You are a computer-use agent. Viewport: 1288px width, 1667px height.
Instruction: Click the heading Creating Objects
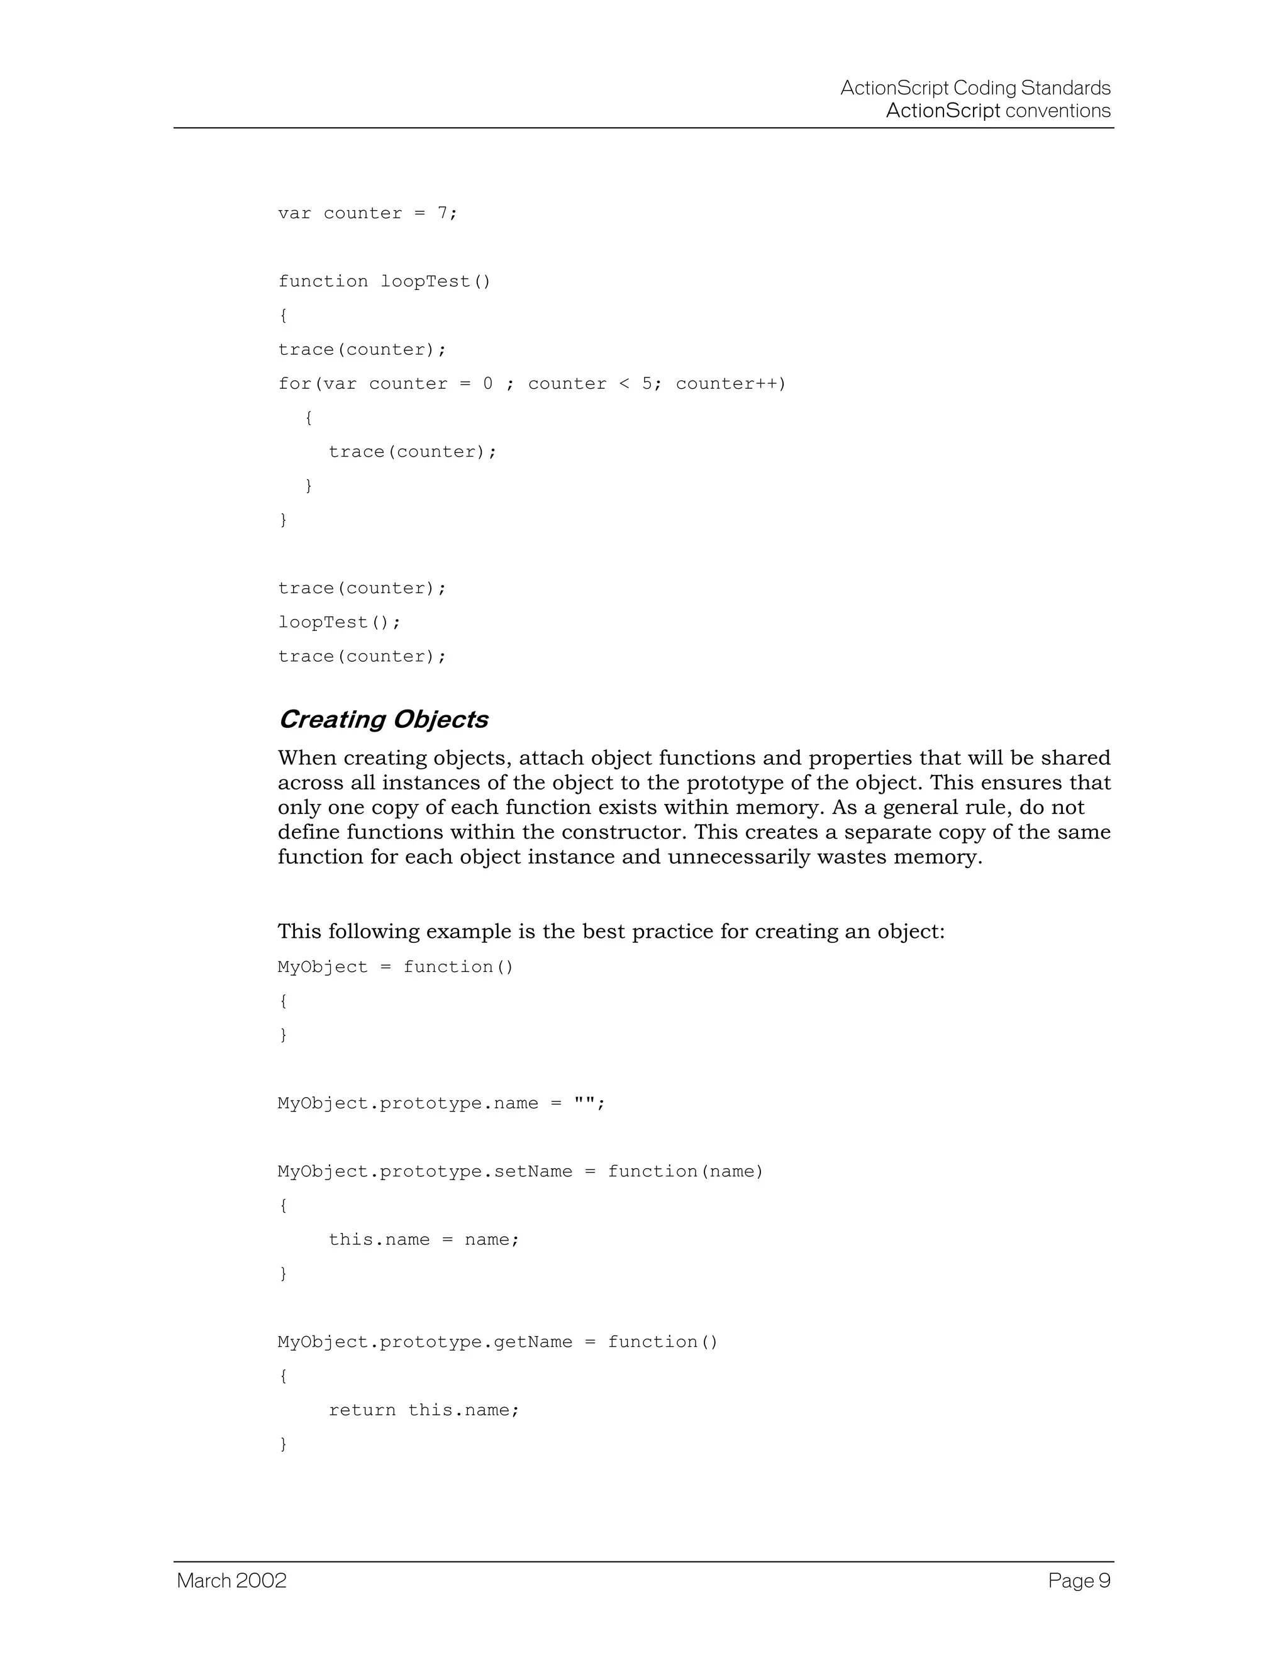[382, 719]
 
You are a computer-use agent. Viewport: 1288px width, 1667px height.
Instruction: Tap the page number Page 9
[1079, 1580]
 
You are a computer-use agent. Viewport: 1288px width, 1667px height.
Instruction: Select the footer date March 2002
[232, 1580]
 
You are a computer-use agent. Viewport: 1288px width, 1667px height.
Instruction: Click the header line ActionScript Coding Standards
[975, 88]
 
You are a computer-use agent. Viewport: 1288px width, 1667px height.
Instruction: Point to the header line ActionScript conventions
[998, 111]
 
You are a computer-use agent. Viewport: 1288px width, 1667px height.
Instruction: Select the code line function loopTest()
[384, 282]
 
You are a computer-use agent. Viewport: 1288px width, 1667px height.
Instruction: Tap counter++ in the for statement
[730, 383]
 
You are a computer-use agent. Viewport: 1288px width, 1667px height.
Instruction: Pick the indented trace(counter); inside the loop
[412, 452]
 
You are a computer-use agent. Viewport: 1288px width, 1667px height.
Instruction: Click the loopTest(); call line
[339, 622]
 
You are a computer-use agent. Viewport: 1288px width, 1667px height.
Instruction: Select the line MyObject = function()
[395, 967]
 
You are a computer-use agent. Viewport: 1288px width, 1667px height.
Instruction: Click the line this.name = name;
[423, 1240]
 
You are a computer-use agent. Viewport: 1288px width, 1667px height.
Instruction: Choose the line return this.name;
[423, 1410]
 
